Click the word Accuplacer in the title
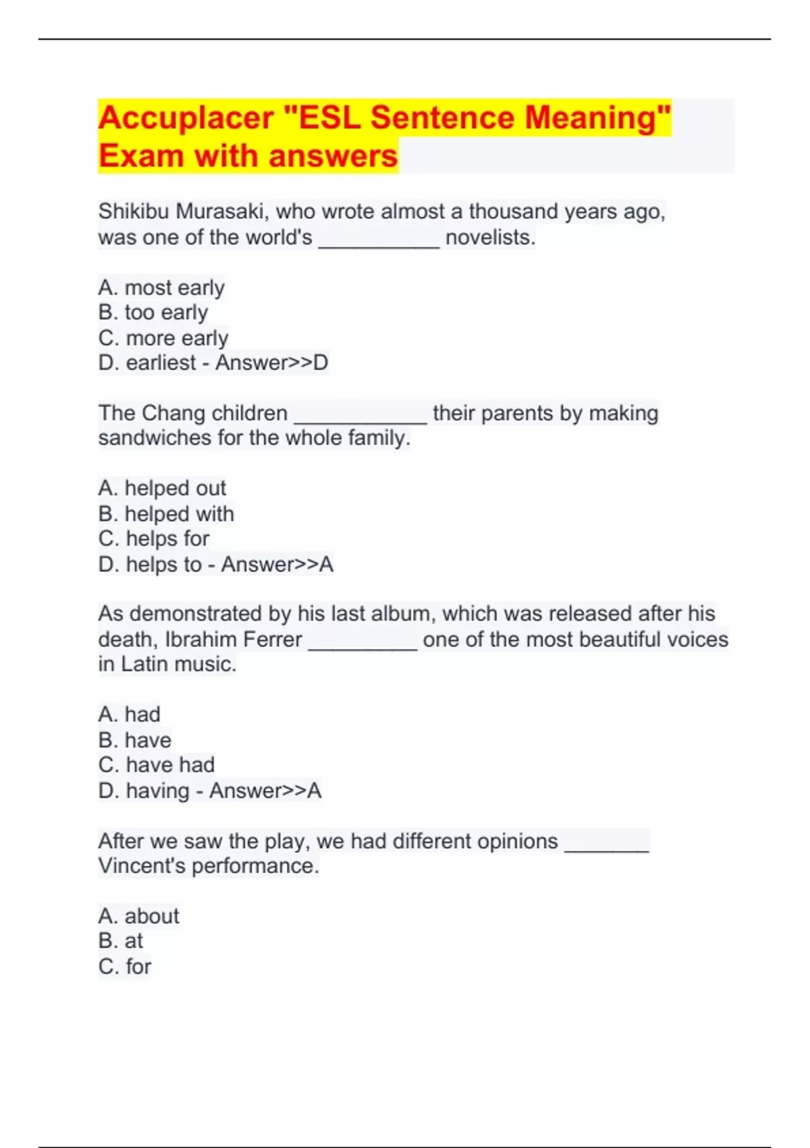(x=186, y=118)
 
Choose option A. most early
(x=161, y=288)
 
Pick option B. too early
(x=153, y=313)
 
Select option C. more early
(x=163, y=338)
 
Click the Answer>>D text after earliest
(x=271, y=363)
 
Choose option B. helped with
(x=166, y=514)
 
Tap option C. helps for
(x=154, y=539)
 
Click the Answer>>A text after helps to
(x=277, y=564)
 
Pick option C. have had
(x=157, y=765)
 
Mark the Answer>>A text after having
(x=265, y=790)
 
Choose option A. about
(x=139, y=916)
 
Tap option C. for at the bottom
(x=125, y=966)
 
